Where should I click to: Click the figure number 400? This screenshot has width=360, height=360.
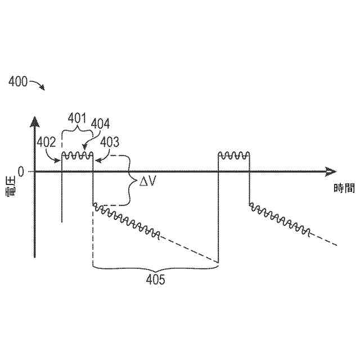pos(18,82)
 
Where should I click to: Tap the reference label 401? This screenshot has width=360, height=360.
pos(76,119)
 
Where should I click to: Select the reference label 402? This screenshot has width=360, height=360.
pos(46,142)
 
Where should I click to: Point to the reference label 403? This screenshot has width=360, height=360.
pos(110,142)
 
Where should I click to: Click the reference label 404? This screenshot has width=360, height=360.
pos(101,124)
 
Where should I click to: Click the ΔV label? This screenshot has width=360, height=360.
pos(148,182)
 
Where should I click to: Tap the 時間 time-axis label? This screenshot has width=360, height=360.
pos(344,188)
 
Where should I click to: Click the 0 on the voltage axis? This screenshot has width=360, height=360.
pos(21,170)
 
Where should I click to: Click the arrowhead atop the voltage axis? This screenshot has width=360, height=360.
pos(35,121)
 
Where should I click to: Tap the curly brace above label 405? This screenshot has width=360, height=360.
pos(155,267)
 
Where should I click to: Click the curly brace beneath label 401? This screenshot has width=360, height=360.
pos(76,132)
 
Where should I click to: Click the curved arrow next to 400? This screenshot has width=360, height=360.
pos(38,85)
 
